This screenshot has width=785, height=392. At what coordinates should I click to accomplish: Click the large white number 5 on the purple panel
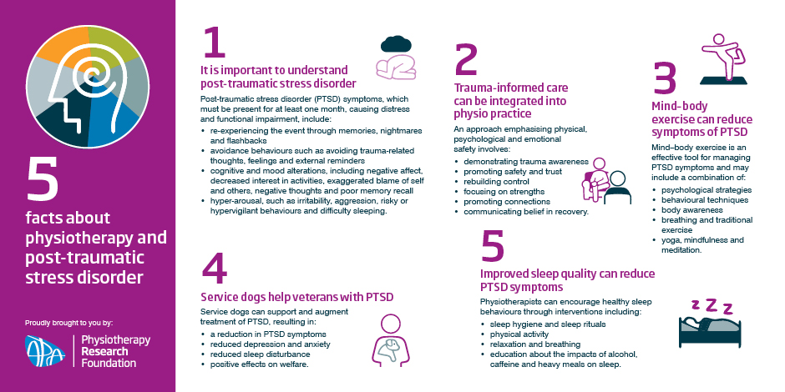tap(42, 179)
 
